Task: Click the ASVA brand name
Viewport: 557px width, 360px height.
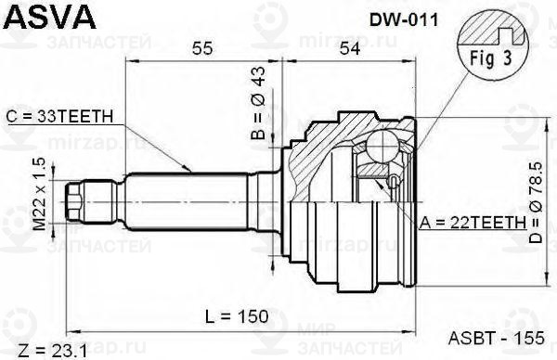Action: click(50, 17)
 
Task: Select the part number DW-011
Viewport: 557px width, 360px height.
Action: click(404, 20)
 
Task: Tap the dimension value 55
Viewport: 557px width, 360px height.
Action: click(202, 48)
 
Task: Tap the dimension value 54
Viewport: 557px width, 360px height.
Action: click(350, 48)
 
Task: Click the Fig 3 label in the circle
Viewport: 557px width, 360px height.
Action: click(491, 58)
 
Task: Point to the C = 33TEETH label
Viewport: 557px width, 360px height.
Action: click(59, 117)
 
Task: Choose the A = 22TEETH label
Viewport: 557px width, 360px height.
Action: click(473, 223)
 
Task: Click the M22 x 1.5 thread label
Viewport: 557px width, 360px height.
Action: click(39, 194)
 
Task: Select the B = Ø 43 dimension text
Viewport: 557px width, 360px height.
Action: click(258, 103)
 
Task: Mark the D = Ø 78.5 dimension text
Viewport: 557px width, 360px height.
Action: click(536, 202)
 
